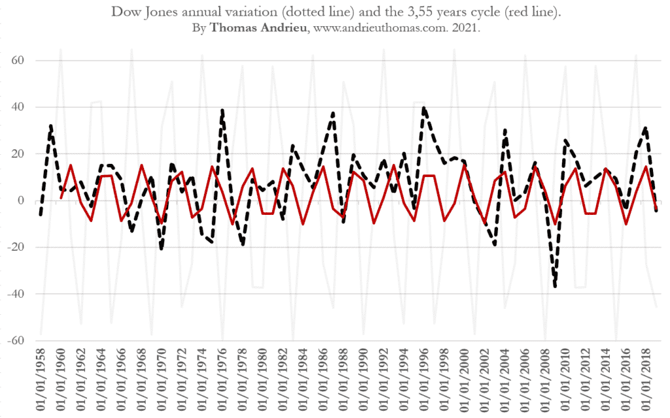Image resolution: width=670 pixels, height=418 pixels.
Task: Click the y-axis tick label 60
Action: [26, 61]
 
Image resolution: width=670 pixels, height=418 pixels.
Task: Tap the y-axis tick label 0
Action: [30, 201]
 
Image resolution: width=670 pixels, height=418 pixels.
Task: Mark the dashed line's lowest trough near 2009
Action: [555, 286]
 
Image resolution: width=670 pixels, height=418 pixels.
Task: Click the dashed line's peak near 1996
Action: [424, 108]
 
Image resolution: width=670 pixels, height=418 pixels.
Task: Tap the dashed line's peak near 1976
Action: [222, 110]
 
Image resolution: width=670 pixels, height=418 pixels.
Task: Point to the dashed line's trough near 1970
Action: [162, 249]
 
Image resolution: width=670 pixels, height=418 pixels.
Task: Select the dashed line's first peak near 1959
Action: [51, 125]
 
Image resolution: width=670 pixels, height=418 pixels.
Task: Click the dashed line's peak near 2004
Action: [505, 129]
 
